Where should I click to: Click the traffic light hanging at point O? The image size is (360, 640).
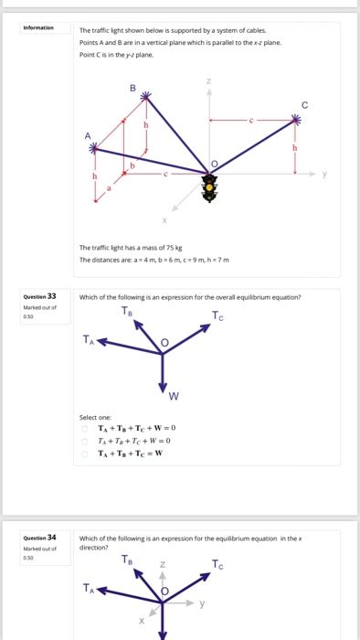(210, 188)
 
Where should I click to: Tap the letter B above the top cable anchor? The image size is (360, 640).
(132, 88)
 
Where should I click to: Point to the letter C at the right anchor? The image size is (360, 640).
(304, 104)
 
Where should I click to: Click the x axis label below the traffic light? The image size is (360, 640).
(165, 219)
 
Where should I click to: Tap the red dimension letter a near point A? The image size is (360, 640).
(111, 188)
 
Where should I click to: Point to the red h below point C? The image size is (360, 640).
(293, 146)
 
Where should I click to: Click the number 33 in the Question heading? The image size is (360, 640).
(52, 296)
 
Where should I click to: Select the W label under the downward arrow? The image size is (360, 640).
(174, 395)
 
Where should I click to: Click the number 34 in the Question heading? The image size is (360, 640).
(52, 538)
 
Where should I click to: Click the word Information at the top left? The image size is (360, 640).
(38, 27)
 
